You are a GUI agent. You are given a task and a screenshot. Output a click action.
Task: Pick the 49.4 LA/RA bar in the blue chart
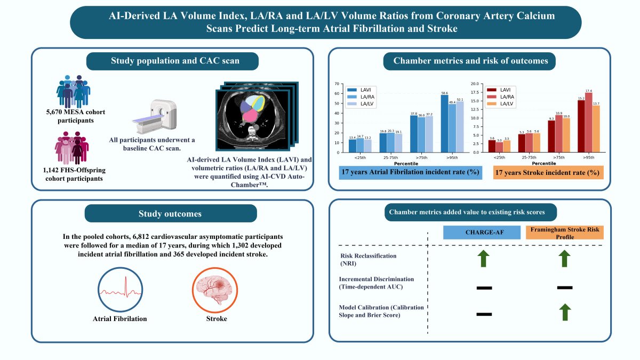point(452,128)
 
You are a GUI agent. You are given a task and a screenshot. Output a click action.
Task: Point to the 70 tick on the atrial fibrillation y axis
point(339,84)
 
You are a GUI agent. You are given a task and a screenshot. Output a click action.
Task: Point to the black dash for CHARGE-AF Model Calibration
point(483,314)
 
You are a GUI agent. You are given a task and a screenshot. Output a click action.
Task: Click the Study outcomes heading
point(171,214)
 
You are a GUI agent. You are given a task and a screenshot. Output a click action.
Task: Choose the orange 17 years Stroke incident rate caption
point(548,173)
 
